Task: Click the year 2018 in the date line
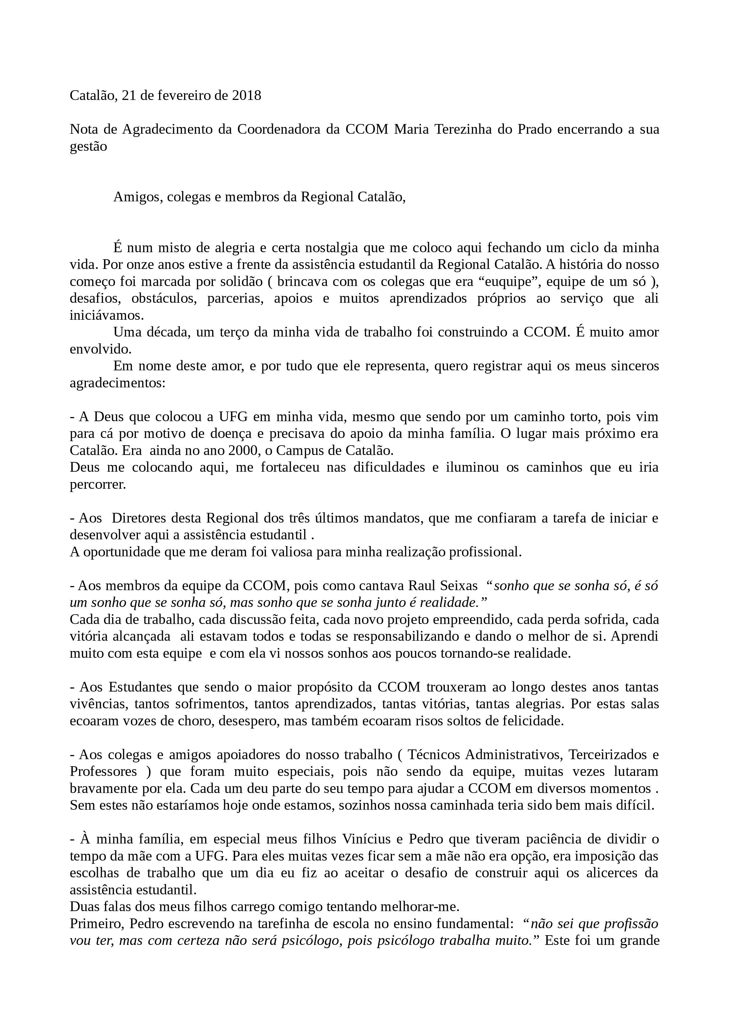247,95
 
